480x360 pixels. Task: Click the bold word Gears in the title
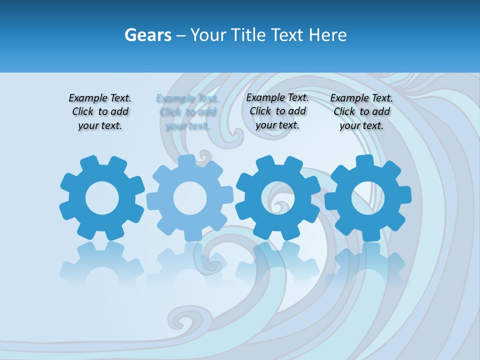click(147, 35)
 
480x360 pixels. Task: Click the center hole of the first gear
click(102, 198)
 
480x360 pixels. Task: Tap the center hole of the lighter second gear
click(190, 198)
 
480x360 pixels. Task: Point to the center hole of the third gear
click(278, 198)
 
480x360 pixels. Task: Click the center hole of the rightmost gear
click(368, 198)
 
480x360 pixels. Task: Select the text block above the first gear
click(100, 112)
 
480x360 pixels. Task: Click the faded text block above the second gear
click(187, 112)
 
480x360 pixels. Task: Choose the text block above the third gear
click(277, 111)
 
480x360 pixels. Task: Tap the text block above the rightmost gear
click(361, 112)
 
